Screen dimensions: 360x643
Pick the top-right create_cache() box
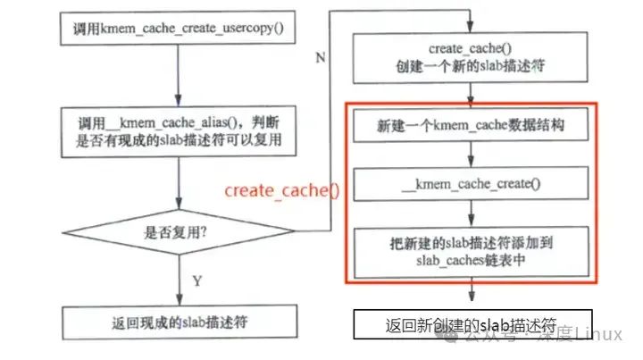(470, 58)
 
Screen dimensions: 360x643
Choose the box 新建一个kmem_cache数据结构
(470, 127)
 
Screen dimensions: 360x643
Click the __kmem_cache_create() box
(470, 185)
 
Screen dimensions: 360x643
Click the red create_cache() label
(282, 189)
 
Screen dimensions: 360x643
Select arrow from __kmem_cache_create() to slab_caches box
(470, 213)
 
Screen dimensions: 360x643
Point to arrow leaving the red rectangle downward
(470, 295)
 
